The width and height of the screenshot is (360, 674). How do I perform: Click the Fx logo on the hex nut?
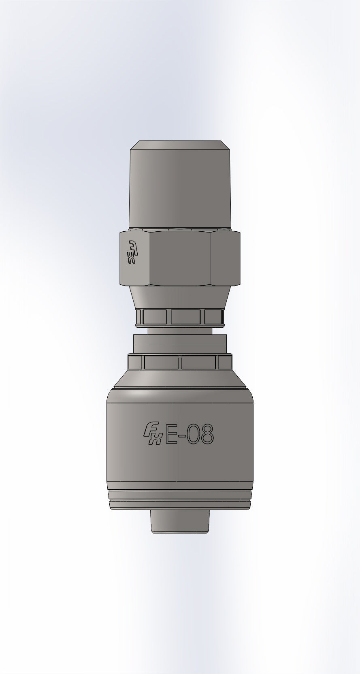point(133,251)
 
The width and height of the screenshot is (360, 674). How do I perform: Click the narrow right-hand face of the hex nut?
point(225,258)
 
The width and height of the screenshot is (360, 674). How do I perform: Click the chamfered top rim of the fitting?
point(180,145)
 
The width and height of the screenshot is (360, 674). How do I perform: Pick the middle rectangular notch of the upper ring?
point(186,316)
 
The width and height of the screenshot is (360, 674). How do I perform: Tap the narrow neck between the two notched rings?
point(180,331)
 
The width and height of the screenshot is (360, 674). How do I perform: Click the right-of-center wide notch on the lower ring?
point(199,362)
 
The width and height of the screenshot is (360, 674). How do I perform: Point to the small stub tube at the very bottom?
point(180,521)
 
